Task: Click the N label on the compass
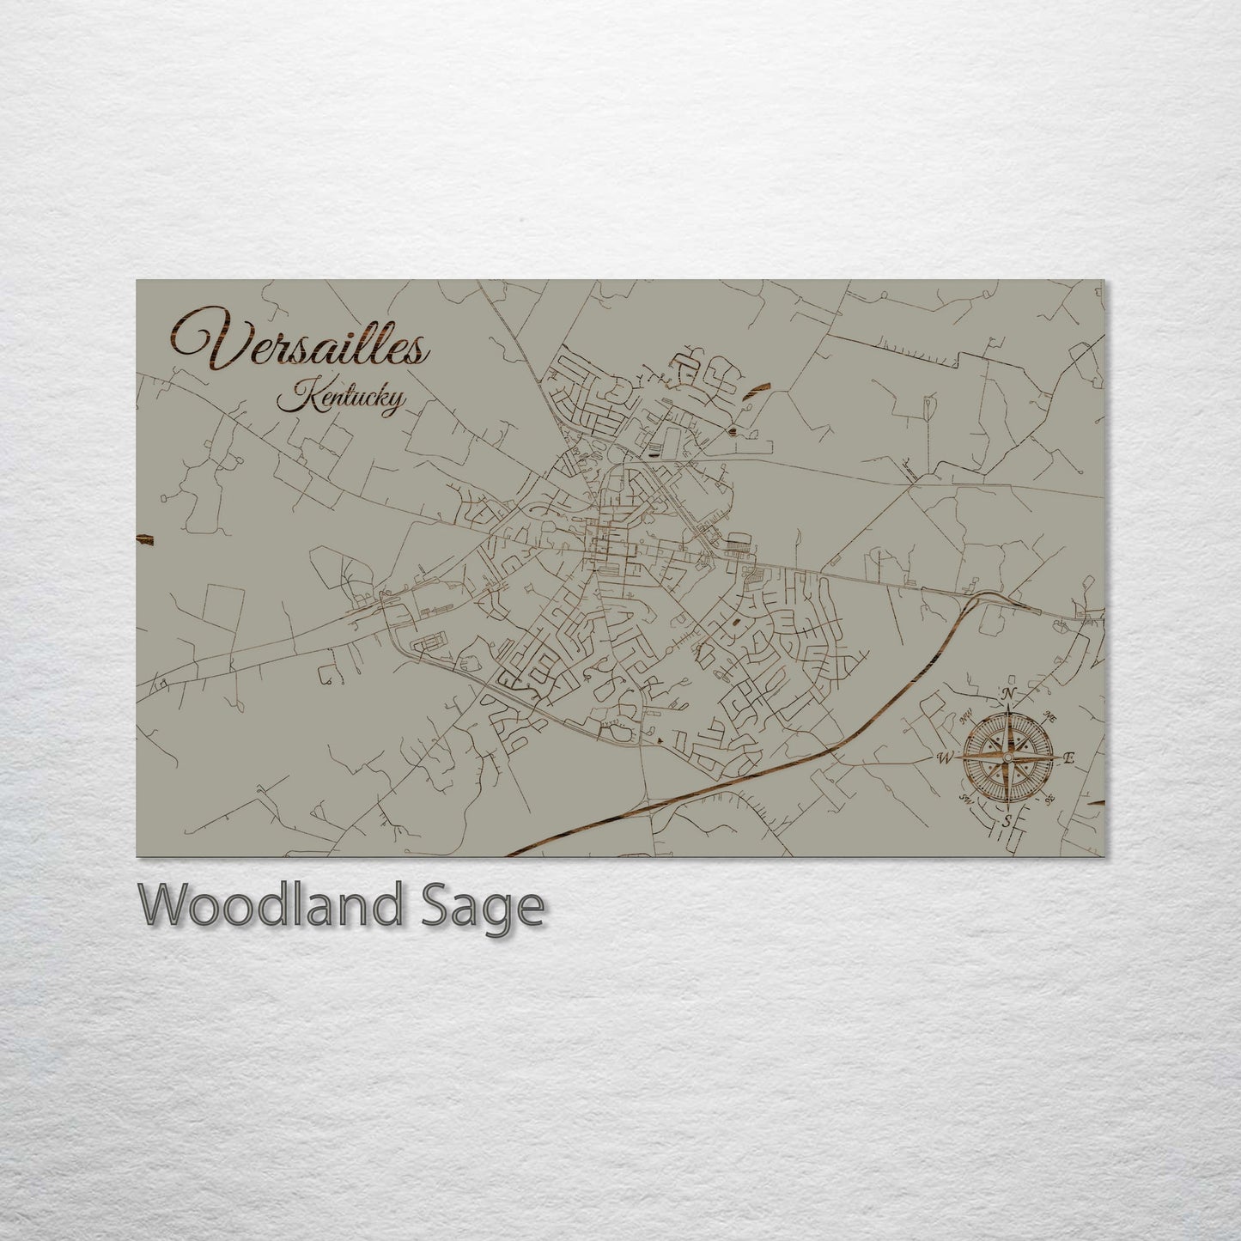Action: pos(1011,694)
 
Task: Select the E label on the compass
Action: pos(1070,757)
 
